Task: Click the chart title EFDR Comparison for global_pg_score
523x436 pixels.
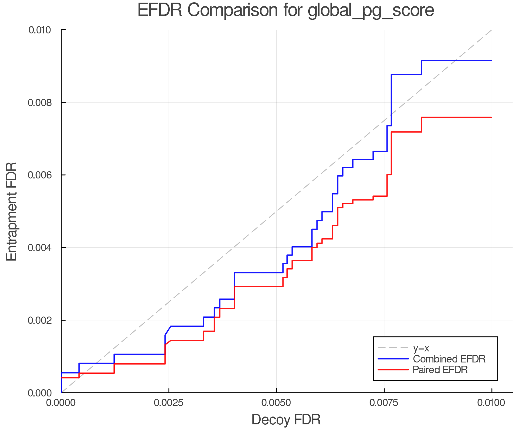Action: [x=286, y=10]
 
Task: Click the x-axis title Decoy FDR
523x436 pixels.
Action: [x=286, y=420]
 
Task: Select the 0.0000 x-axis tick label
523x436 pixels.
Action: [x=61, y=403]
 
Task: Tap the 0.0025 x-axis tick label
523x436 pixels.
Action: [x=169, y=403]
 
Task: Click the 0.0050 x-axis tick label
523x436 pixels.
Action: [x=276, y=403]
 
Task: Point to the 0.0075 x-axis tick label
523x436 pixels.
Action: [x=384, y=403]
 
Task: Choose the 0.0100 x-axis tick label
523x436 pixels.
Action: [x=492, y=403]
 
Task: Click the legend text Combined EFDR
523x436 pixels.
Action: [x=449, y=359]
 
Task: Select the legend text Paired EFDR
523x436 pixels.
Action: [x=440, y=370]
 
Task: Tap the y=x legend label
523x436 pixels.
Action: [x=421, y=348]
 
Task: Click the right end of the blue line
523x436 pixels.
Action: [x=491, y=60]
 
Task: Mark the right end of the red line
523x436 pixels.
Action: [x=491, y=117]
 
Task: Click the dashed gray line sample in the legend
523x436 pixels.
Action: [x=393, y=348]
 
